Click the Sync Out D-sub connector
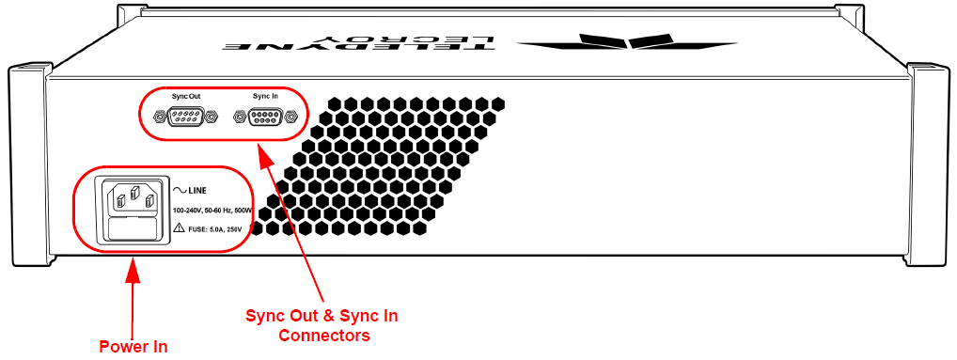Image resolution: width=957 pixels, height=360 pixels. tap(185, 116)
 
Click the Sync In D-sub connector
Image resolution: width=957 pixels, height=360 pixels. tap(266, 116)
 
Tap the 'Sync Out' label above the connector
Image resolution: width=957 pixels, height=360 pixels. tap(185, 97)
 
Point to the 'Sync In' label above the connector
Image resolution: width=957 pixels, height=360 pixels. tap(265, 97)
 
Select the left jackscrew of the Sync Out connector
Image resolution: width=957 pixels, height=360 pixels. tap(159, 116)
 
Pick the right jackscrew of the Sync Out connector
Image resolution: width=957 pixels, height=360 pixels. tap(212, 116)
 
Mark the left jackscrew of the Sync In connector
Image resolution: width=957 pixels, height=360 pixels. tap(240, 116)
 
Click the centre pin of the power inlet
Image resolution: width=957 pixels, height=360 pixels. tap(134, 194)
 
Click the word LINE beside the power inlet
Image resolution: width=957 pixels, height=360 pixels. tap(197, 190)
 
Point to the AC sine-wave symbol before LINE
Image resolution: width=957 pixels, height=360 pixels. tap(180, 190)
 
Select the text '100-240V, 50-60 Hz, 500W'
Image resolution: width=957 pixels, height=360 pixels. tap(212, 211)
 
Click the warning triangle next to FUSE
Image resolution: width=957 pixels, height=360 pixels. tap(179, 228)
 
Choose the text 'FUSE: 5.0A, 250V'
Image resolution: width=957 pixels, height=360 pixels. tap(215, 229)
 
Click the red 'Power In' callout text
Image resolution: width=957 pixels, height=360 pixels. tap(133, 347)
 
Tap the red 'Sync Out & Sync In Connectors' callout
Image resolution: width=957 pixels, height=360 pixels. tap(322, 326)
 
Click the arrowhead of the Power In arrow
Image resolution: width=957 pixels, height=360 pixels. tap(133, 270)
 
